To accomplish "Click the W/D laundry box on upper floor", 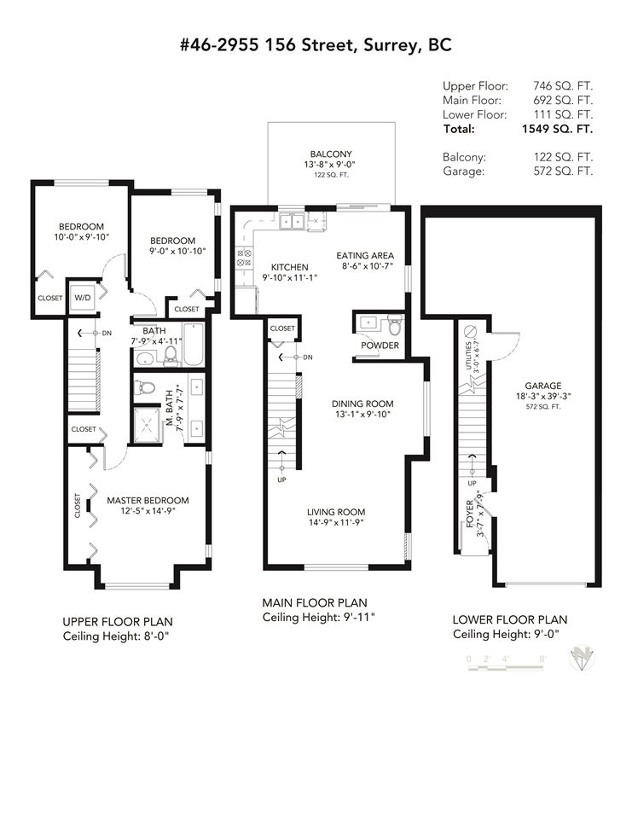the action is pyautogui.click(x=83, y=298).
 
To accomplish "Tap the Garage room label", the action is pyautogui.click(x=543, y=386).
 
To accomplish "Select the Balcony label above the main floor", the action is pyautogui.click(x=331, y=154).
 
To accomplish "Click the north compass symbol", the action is pyautogui.click(x=582, y=658).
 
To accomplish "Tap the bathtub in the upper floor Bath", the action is pyautogui.click(x=194, y=345).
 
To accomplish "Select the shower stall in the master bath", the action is pyautogui.click(x=148, y=425).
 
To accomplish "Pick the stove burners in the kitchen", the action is pyautogui.click(x=244, y=258).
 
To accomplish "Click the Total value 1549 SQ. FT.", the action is pyautogui.click(x=557, y=129).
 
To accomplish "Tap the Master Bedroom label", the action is pyautogui.click(x=148, y=501).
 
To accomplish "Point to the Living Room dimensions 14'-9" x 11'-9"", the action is pyautogui.click(x=336, y=522).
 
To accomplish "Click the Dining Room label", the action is pyautogui.click(x=362, y=404).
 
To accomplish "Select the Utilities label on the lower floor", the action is pyautogui.click(x=468, y=355).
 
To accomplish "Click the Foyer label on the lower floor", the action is pyautogui.click(x=470, y=514).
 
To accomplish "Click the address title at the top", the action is pyautogui.click(x=316, y=45).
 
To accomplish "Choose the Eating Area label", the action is pyautogui.click(x=364, y=255).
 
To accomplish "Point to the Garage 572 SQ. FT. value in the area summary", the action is pyautogui.click(x=563, y=171).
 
